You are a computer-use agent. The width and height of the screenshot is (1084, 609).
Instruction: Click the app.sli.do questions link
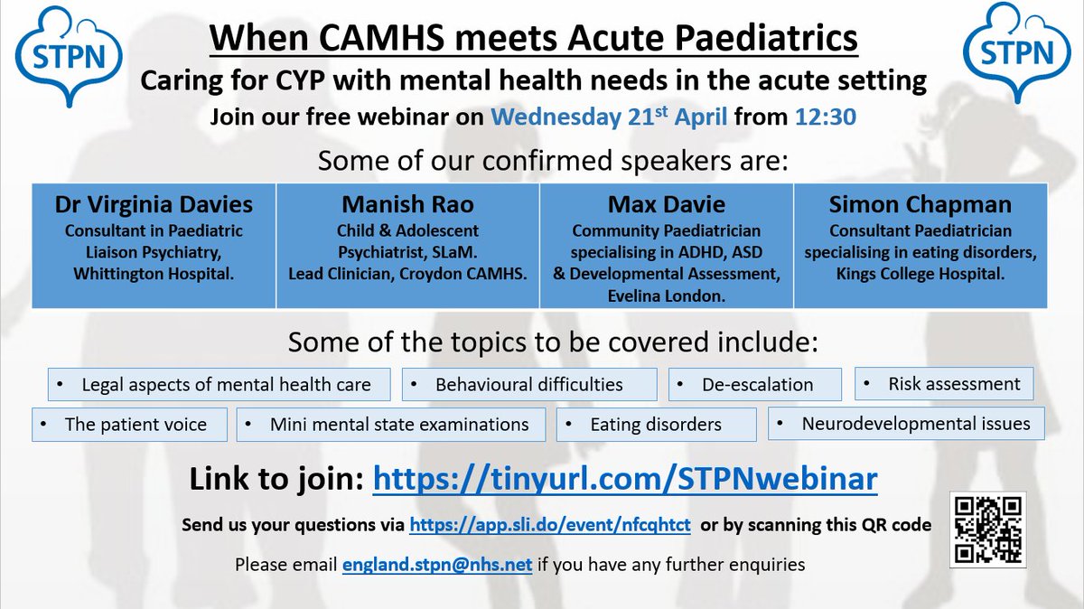[550, 525]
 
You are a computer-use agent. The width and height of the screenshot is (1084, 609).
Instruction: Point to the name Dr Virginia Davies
[154, 203]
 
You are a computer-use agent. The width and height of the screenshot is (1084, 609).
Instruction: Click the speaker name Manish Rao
[406, 203]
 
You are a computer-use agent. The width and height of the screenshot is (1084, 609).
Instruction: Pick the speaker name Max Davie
[666, 203]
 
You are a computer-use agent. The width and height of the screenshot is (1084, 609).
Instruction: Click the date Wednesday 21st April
[609, 117]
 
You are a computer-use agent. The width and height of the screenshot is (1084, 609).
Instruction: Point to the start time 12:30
[827, 117]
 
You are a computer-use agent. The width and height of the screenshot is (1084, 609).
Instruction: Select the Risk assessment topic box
[944, 383]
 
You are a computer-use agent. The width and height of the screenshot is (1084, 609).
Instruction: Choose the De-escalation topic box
[755, 384]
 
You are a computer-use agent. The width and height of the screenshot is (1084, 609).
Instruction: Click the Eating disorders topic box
[656, 424]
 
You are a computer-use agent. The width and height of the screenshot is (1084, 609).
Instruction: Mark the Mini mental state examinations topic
[391, 424]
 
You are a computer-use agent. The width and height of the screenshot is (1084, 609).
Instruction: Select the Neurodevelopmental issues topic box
[906, 423]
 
